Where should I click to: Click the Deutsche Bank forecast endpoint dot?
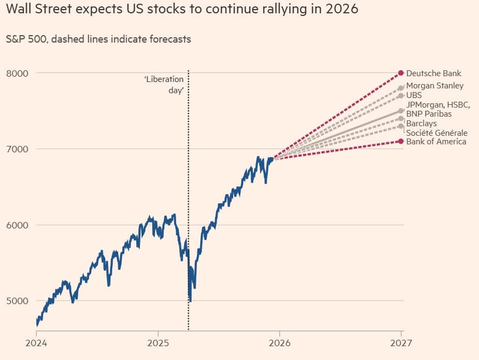pos(401,73)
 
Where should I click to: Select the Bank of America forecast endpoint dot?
pos(401,141)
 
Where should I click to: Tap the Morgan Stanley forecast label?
pos(434,86)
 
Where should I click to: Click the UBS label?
pos(414,95)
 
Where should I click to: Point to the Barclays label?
pos(421,124)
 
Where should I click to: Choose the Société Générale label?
pos(436,133)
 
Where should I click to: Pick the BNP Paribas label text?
pos(428,114)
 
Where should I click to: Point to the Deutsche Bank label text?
pos(433,73)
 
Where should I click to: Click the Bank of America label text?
pos(436,142)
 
